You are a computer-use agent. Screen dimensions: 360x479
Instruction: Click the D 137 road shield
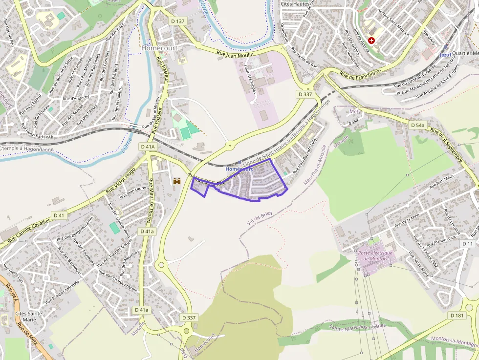pyautogui.click(x=178, y=21)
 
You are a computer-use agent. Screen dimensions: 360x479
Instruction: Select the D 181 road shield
pyautogui.click(x=457, y=316)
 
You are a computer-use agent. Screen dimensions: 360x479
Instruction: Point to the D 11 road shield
pyautogui.click(x=468, y=244)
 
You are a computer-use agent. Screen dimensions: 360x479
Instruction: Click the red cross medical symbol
pyautogui.click(x=372, y=41)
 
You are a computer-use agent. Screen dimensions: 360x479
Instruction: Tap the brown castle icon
pyautogui.click(x=177, y=181)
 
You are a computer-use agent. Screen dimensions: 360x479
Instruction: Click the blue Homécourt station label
pyautogui.click(x=239, y=169)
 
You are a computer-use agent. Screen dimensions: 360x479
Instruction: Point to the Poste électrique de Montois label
pyautogui.click(x=375, y=255)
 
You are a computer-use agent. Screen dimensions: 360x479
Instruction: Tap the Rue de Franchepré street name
pyautogui.click(x=360, y=72)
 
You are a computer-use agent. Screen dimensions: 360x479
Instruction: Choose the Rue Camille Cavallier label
pyautogui.click(x=29, y=232)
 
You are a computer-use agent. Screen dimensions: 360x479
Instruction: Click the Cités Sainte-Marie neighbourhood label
pyautogui.click(x=30, y=316)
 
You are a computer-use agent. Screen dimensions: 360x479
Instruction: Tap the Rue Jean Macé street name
pyautogui.click(x=442, y=181)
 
